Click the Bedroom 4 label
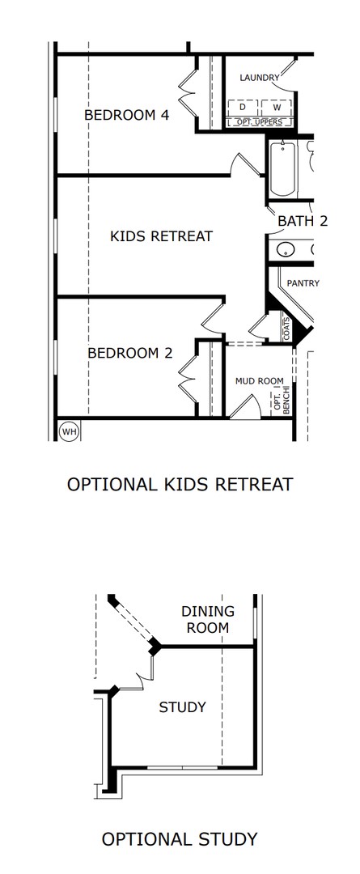coord(126,115)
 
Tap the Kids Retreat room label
coord(162,236)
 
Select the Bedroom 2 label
coord(130,353)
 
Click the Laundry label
coord(259,78)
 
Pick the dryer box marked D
coord(243,107)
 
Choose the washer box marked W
coord(277,107)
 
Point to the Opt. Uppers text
coord(260,122)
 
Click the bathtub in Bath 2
coord(282,168)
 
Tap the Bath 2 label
coord(303,221)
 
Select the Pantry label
coord(303,283)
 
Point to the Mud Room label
coord(259,381)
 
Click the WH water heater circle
coord(69,431)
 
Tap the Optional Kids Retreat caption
coord(180,485)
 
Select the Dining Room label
coord(208,620)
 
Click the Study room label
coord(183,707)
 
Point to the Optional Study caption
coord(180,839)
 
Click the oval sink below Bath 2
coord(286,250)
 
